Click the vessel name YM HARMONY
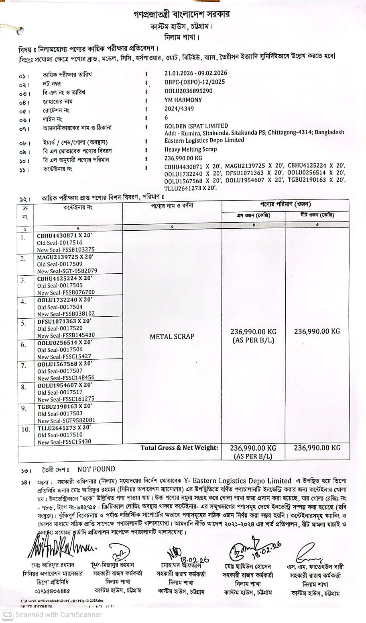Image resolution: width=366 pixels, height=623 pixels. click(183, 100)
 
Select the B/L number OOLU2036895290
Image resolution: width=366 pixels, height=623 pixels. click(188, 91)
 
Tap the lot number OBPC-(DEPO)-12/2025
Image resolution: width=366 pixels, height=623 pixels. click(195, 82)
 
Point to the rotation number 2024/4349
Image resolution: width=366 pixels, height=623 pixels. click(179, 109)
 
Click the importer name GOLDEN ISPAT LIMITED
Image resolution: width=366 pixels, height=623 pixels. click(196, 126)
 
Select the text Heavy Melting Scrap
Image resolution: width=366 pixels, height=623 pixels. click(191, 149)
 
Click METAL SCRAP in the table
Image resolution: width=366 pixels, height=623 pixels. click(172, 336)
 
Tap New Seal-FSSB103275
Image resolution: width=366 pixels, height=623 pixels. click(66, 250)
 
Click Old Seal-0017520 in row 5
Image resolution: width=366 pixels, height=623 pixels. click(60, 328)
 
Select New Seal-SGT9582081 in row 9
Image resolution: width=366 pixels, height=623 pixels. click(67, 420)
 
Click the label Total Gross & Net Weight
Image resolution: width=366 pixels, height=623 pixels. click(179, 448)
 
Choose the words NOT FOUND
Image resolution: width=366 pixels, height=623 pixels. click(96, 469)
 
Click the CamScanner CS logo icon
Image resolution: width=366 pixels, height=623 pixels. click(8, 615)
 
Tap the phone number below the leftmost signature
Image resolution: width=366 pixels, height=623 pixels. click(53, 591)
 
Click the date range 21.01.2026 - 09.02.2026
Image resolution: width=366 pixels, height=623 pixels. click(196, 73)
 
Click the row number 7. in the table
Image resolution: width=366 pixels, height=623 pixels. click(24, 366)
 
